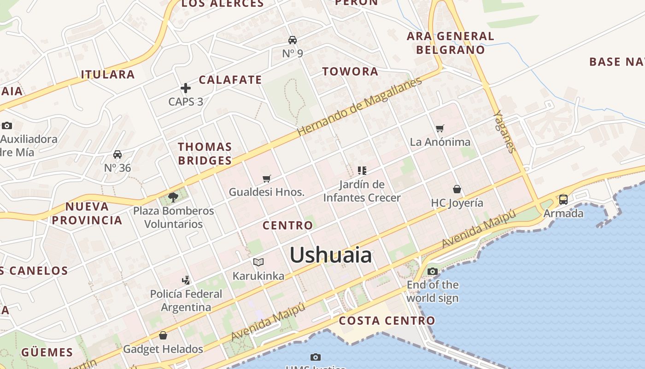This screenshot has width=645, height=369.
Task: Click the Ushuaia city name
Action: pos(330,255)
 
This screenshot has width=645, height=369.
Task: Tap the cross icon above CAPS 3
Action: pos(186,88)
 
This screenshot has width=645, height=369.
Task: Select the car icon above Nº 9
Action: pos(293,40)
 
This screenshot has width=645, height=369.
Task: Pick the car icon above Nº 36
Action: pos(117,155)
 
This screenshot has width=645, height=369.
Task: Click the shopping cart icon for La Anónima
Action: pos(440,129)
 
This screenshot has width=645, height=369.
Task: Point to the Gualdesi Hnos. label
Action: pos(267,192)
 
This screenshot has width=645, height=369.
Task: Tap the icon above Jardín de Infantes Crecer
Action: pos(362,171)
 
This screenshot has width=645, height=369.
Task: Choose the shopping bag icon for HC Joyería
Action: pos(457,189)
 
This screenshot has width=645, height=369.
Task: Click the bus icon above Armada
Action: pos(563,200)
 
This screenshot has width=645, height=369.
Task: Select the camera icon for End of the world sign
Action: pos(432,271)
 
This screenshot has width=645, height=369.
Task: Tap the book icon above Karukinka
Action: pos(258,262)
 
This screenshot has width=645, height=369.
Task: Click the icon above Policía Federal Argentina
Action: pos(186,280)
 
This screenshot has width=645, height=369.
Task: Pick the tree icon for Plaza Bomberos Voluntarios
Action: pos(173,197)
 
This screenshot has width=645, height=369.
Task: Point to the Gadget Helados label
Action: pos(163,349)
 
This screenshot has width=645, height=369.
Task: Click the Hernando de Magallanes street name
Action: pos(359,107)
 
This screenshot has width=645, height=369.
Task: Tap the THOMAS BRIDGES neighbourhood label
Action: pos(205,154)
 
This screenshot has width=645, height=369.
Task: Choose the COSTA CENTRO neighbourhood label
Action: pos(387,321)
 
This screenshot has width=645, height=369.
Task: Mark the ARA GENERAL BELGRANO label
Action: pos(450,43)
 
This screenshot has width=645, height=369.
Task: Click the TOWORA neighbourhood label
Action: pos(350,71)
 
